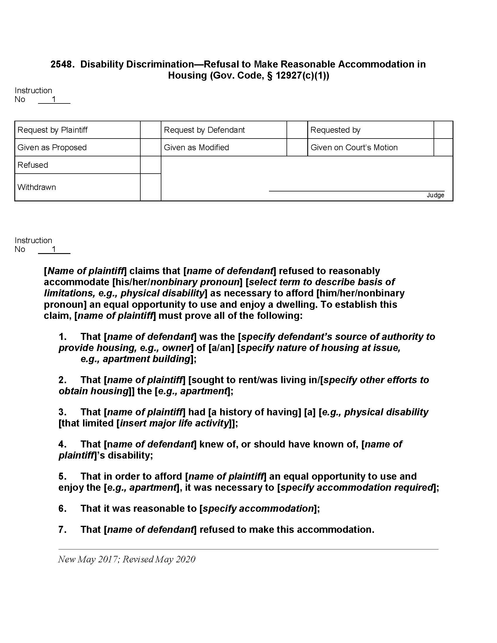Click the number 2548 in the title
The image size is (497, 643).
[61, 64]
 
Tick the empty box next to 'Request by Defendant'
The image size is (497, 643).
[297, 130]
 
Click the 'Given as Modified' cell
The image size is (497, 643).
[196, 147]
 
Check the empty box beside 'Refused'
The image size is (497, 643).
[151, 165]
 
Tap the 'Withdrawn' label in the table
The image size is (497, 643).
[37, 187]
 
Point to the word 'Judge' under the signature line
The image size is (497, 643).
[435, 195]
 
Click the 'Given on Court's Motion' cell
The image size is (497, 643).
[354, 147]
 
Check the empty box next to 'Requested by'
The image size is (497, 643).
[443, 130]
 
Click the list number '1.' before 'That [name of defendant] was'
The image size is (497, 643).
[63, 336]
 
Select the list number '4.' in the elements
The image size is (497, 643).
[63, 444]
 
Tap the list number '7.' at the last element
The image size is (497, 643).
[63, 529]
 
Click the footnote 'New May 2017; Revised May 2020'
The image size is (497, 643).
[127, 559]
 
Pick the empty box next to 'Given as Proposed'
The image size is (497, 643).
[151, 147]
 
